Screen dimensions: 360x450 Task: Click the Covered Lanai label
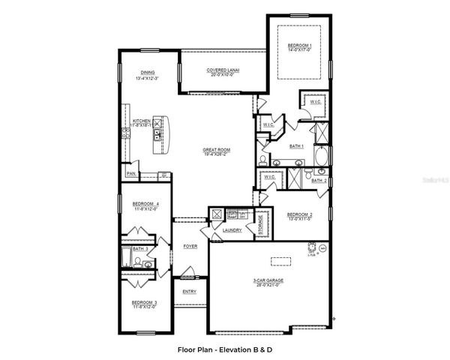[x=223, y=72]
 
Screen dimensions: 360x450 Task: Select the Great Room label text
[x=216, y=151]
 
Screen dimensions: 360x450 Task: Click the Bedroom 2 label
[x=299, y=216]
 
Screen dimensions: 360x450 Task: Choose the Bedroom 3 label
[x=145, y=304]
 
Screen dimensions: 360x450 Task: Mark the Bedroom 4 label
[x=145, y=206]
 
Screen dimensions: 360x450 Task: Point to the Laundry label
[x=232, y=231]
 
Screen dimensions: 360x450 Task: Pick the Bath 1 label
[x=297, y=146]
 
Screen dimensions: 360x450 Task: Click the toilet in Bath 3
[x=148, y=264]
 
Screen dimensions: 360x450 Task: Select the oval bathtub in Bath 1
[x=321, y=158]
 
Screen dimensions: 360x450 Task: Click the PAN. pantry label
[x=130, y=174]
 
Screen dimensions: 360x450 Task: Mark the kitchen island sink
[x=157, y=135]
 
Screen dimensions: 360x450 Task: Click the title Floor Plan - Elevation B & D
[x=223, y=349]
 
